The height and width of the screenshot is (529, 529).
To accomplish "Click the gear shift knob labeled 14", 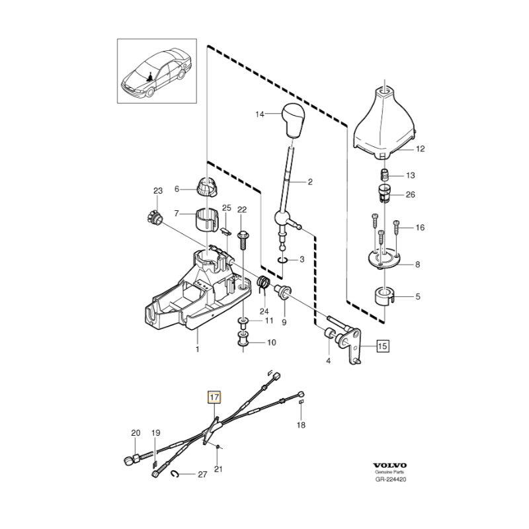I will click(x=293, y=119).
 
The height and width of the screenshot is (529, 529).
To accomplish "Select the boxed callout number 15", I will click(x=383, y=345).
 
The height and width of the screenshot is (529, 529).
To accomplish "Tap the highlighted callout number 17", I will click(x=215, y=398).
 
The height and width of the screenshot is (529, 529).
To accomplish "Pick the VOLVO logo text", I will click(x=390, y=465).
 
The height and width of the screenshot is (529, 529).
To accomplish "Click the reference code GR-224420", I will click(x=390, y=481).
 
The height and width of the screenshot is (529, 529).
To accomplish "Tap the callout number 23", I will click(x=157, y=191).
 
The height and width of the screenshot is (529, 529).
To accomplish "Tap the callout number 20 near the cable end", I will click(x=136, y=433).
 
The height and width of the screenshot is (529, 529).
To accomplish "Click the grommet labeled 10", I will click(x=243, y=341).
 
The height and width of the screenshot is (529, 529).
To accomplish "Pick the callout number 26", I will click(x=411, y=194).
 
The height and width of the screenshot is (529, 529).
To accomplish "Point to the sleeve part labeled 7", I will click(x=208, y=220).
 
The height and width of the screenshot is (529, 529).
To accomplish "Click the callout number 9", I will click(x=284, y=323).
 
